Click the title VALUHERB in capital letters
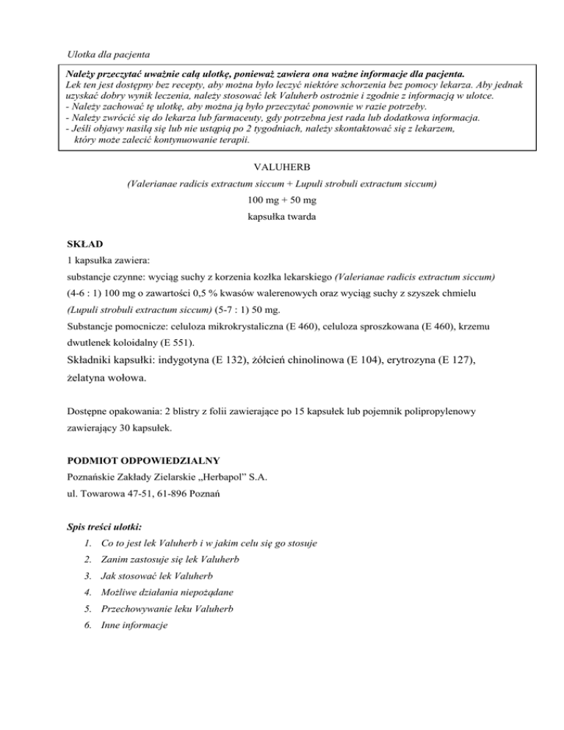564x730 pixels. (x=281, y=167)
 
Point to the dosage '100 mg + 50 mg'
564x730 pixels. (x=281, y=200)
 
